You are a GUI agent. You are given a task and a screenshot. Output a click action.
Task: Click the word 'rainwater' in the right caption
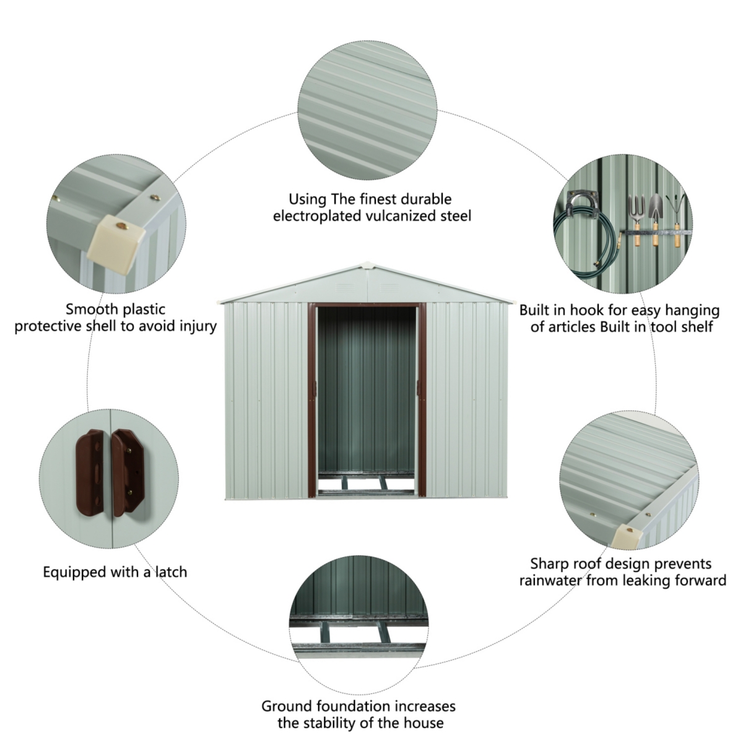click(550, 580)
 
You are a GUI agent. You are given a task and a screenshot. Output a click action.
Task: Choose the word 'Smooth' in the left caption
click(90, 309)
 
